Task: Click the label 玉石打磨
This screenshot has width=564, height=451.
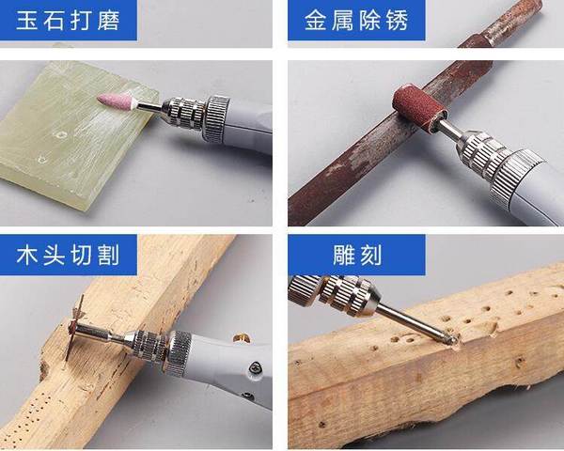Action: (69, 20)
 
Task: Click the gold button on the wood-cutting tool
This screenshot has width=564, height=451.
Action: (240, 335)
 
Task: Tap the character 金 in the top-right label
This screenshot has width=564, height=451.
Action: (316, 20)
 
